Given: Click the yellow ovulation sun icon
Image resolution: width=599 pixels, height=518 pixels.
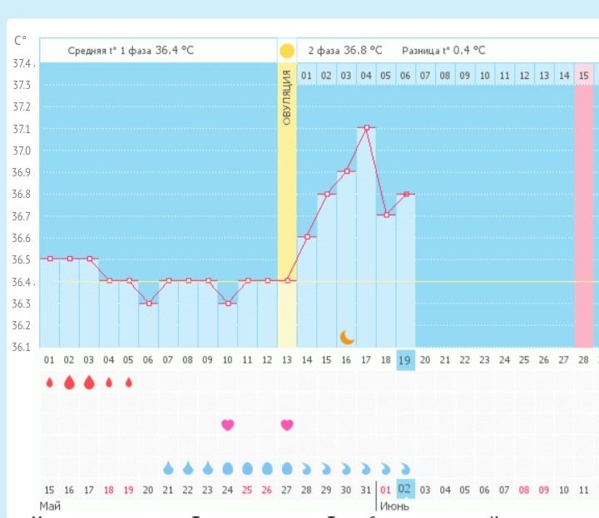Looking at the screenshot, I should coord(287,50).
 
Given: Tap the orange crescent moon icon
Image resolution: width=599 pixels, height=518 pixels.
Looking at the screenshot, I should coord(347,337).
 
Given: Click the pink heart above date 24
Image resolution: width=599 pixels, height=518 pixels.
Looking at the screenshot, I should coord(228,425).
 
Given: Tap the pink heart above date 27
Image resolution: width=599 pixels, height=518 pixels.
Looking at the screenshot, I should coord(287,425).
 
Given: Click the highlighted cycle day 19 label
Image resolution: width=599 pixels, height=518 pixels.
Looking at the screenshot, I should coord(405,360).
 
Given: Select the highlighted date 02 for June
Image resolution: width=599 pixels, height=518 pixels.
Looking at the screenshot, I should coord(405,489).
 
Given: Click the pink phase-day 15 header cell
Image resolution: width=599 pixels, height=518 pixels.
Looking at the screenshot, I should coord(584,76).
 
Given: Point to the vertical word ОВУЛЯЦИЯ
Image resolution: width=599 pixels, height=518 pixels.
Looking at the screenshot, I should coord(287,98).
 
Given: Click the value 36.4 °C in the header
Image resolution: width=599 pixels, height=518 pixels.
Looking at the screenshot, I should coord(175,51).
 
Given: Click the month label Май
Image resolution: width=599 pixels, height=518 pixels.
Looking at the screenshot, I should coord(49,506).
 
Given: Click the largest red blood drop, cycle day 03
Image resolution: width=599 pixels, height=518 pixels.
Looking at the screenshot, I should coord(89,382).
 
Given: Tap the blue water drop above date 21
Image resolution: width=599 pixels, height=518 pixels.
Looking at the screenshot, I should coord(168,467).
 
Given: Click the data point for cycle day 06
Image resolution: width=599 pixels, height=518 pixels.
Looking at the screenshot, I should coord(148,303).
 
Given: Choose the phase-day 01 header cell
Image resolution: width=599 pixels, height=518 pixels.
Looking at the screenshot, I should coord(306,76).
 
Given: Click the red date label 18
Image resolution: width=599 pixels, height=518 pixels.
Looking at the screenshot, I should coord(109,489).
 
